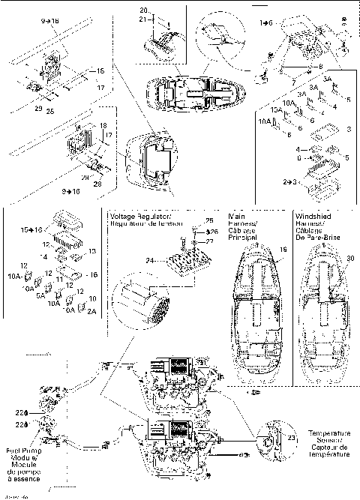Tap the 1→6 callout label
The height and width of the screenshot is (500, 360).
coord(267,25)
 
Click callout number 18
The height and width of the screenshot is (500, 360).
coord(103,126)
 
